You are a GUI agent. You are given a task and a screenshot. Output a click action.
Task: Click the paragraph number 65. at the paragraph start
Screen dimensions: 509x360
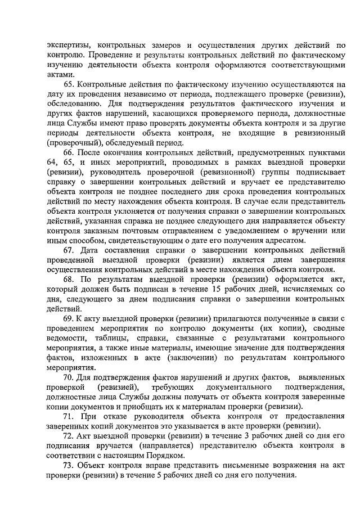pos(69,84)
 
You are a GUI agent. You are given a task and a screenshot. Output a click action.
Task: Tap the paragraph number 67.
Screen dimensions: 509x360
pos(69,250)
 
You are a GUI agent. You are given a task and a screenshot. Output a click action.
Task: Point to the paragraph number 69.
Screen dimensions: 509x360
pos(69,318)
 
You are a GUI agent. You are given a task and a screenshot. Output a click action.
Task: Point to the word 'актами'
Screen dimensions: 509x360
pos(61,74)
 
